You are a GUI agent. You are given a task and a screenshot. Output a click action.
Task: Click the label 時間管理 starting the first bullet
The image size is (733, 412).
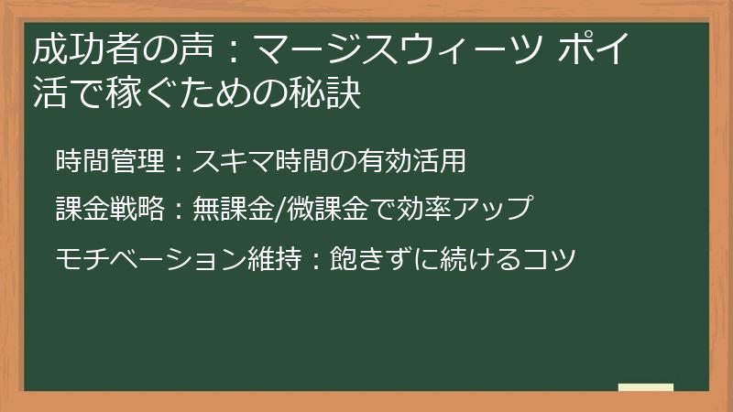(109, 161)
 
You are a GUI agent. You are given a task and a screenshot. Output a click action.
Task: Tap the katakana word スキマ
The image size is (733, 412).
(235, 161)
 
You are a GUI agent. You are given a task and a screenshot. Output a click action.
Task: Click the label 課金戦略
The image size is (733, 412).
(109, 210)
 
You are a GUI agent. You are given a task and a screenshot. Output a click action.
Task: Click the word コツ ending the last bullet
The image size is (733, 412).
(552, 258)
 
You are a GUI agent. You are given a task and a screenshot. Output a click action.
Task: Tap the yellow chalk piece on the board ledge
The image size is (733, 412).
(646, 387)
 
